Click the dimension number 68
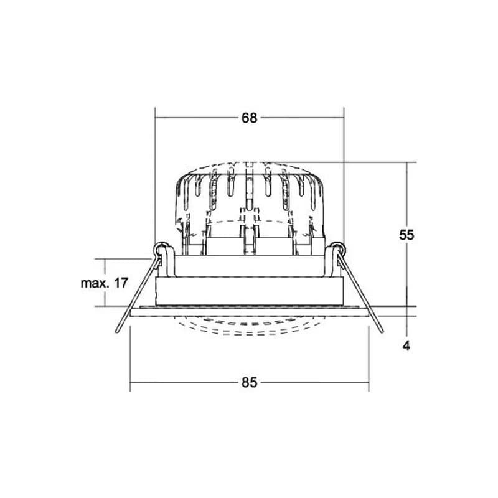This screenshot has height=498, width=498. [x=249, y=118]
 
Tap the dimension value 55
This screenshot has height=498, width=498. [x=406, y=235]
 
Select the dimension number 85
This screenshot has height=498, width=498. [x=249, y=382]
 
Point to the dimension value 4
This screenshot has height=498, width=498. [x=406, y=345]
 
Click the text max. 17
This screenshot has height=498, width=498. [x=104, y=283]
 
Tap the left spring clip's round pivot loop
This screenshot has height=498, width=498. [x=161, y=248]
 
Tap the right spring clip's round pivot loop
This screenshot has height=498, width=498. [x=337, y=248]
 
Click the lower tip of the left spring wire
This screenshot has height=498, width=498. [x=117, y=332]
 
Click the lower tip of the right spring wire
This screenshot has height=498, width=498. [x=382, y=332]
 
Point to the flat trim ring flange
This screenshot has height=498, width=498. [x=250, y=312]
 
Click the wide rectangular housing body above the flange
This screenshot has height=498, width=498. [x=250, y=291]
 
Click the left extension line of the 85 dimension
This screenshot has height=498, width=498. [x=130, y=359]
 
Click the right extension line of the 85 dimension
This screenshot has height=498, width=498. [x=369, y=359]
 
